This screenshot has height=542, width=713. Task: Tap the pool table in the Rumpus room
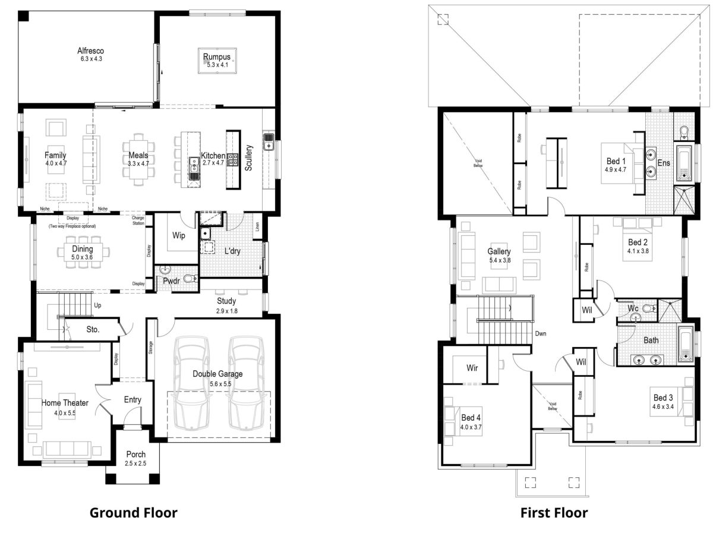pos(217,61)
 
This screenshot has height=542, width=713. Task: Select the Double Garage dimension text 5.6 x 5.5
pos(217,384)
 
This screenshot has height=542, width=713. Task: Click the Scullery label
pos(249,158)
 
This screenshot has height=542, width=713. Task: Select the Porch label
pos(135,455)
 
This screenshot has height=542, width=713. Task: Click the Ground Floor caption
pos(133,512)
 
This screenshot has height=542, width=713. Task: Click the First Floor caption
pos(554,512)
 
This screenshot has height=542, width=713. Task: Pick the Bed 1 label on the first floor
pos(616,161)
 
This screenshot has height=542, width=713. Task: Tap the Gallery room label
pos(499,251)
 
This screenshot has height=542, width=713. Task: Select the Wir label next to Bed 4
pos(472,368)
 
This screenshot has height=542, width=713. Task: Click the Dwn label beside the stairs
pos(540,334)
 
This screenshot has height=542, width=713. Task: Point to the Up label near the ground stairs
pos(98,305)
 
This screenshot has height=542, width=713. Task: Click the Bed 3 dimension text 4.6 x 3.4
pos(663,408)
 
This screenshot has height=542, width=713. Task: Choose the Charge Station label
pos(138,220)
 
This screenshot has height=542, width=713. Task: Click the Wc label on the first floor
pos(633,308)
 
